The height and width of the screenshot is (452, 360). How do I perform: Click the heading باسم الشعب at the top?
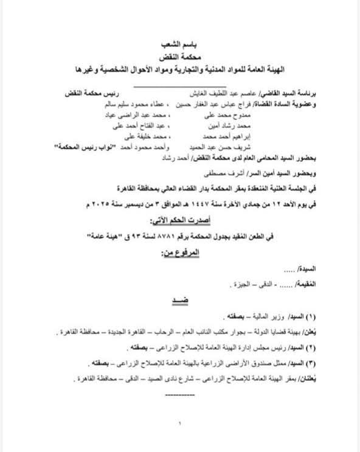tap(180, 45)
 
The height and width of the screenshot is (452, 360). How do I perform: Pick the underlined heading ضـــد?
tap(180, 301)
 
